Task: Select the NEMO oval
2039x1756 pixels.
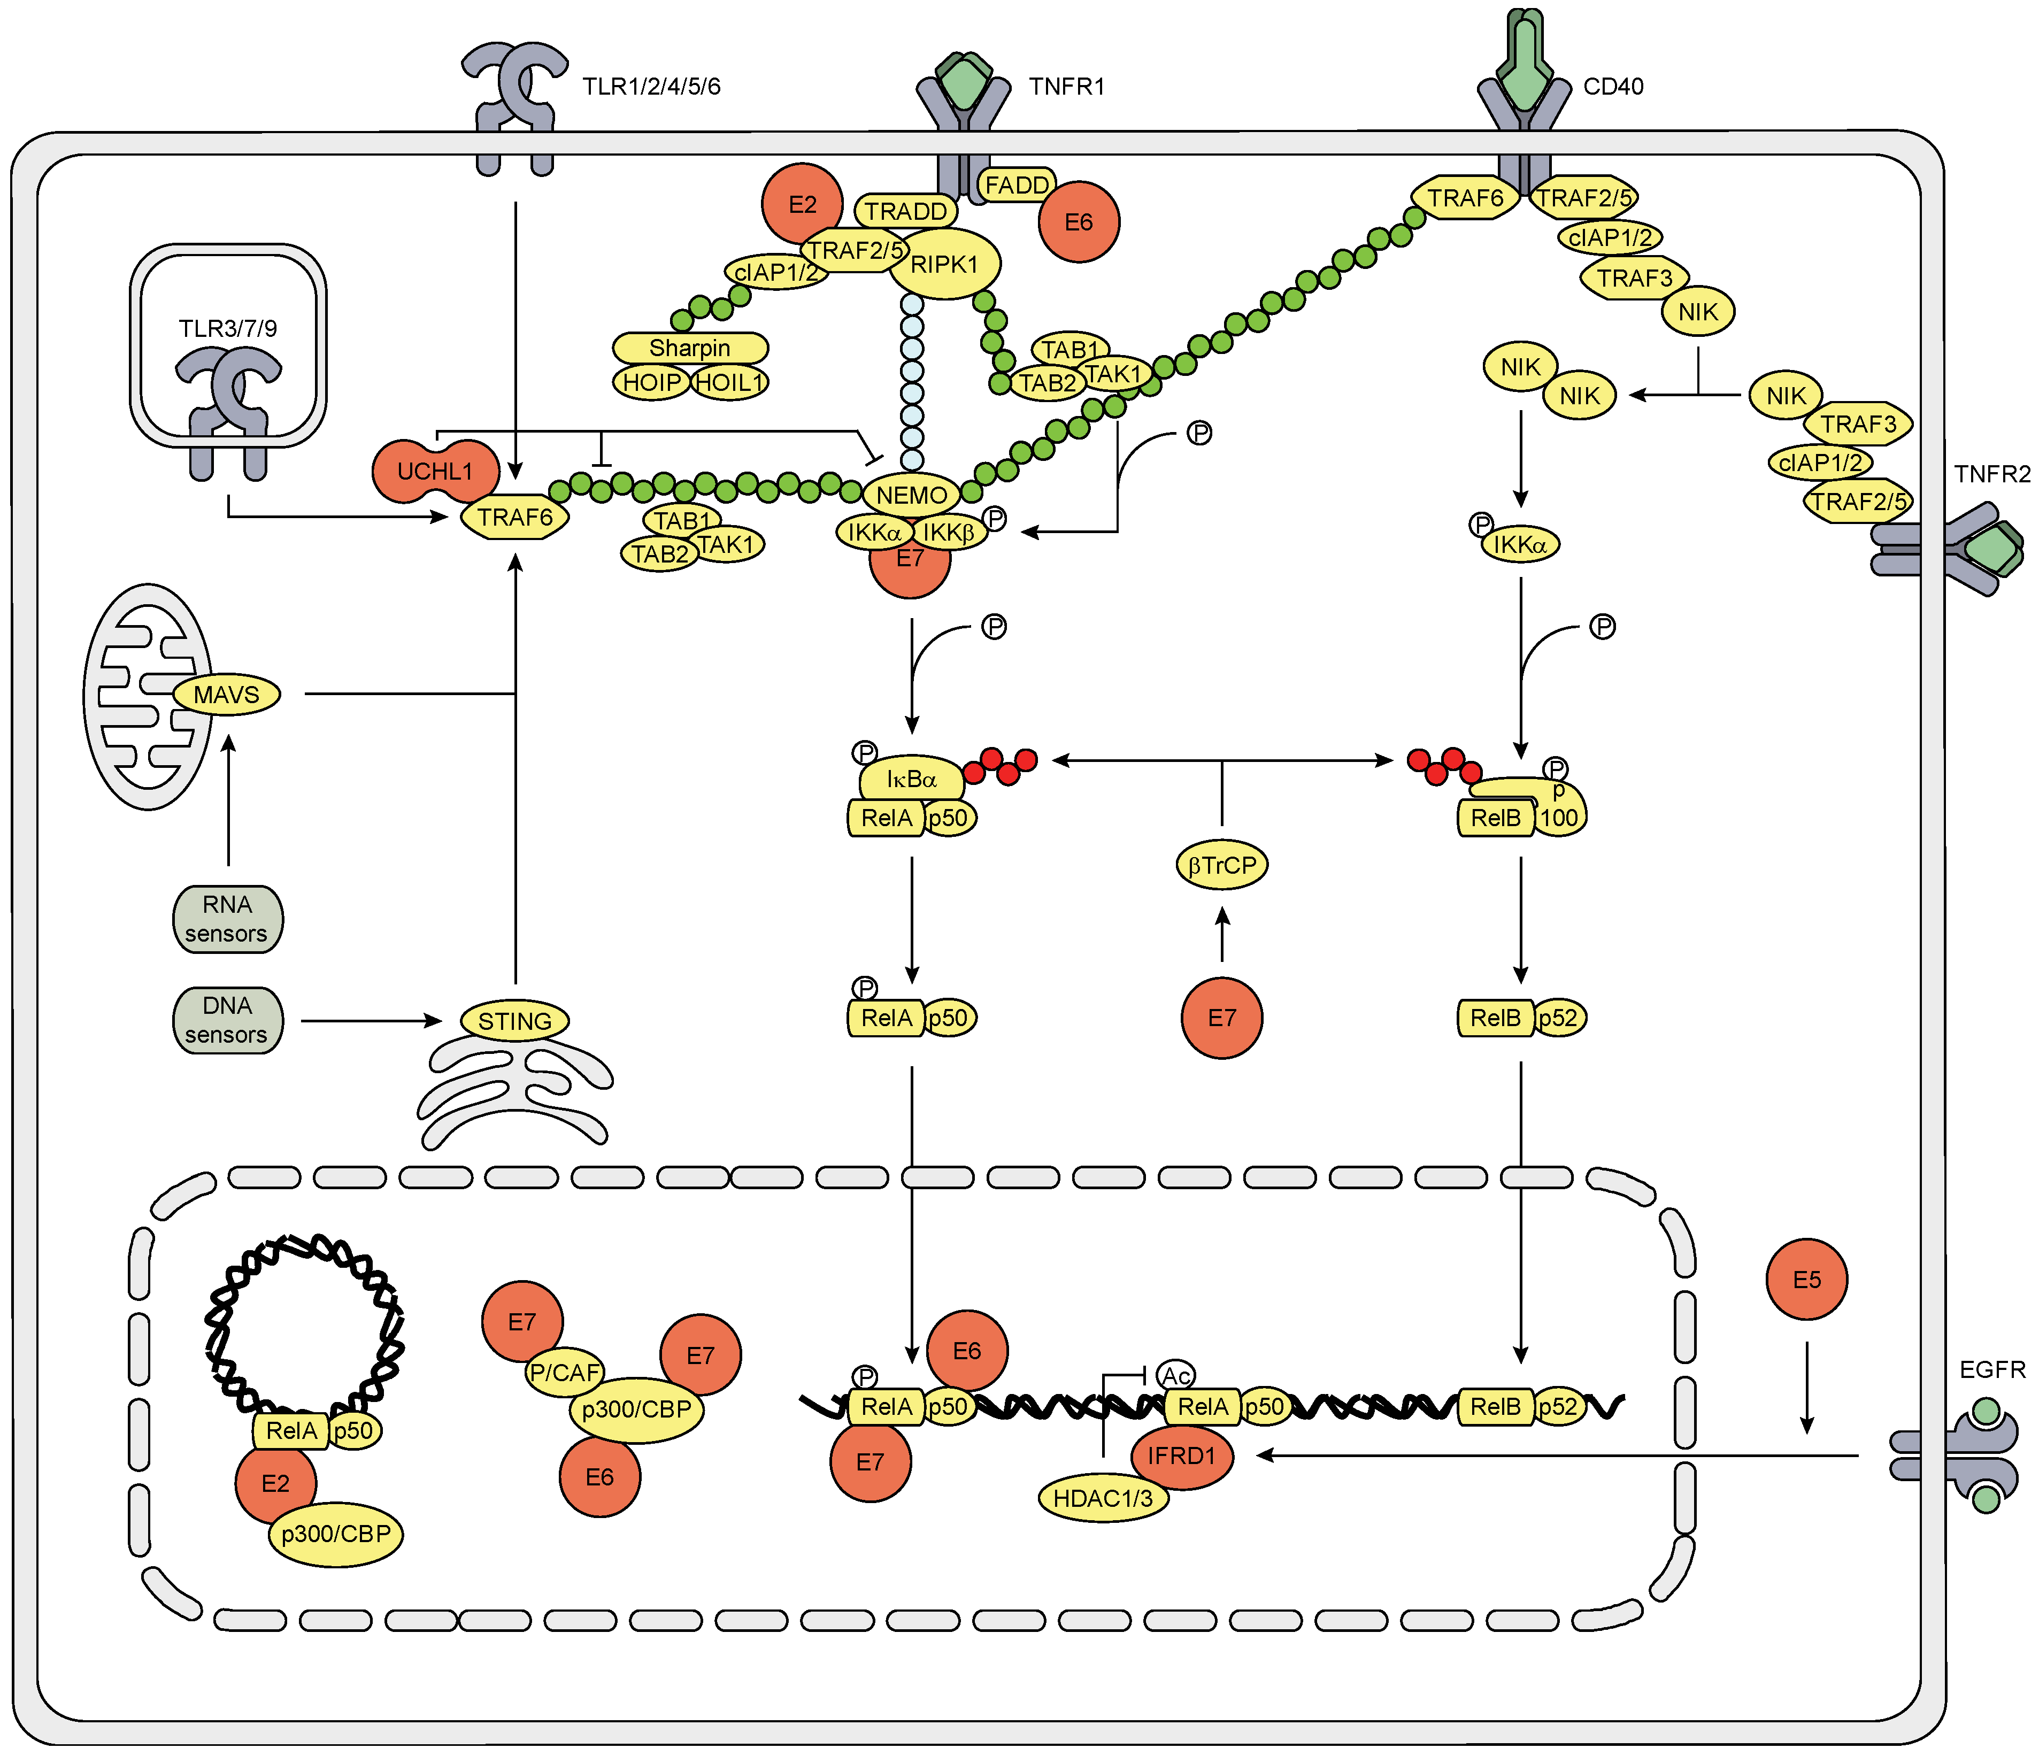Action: pos(911,495)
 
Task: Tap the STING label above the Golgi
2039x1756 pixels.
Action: pos(514,1021)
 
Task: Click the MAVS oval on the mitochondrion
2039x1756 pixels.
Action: pos(226,695)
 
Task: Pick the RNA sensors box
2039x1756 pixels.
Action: pos(227,919)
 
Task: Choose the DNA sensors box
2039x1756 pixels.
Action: pos(227,1020)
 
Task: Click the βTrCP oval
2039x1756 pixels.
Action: pos(1222,866)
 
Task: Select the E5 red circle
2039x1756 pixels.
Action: pos(1807,1280)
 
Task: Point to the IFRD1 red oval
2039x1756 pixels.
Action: pos(1182,1456)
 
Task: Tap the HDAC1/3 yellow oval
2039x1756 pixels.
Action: pos(1102,1498)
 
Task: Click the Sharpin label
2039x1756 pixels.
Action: pos(690,347)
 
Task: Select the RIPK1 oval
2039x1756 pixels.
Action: pos(945,264)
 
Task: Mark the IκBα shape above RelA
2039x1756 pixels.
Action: pos(911,779)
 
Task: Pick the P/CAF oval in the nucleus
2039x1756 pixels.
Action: pos(564,1372)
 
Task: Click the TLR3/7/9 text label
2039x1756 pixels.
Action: pos(227,328)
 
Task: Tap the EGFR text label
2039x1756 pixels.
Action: pos(1992,1369)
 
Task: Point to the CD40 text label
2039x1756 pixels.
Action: pos(1613,87)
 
